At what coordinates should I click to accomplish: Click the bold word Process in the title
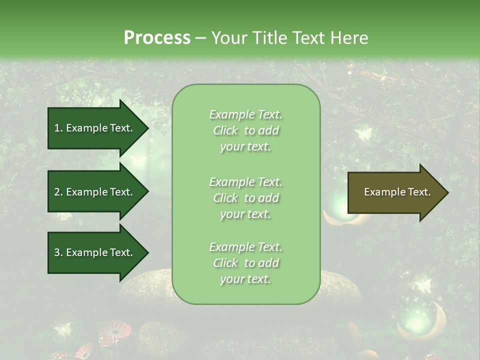coord(157,38)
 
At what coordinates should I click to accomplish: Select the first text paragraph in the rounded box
coord(245,130)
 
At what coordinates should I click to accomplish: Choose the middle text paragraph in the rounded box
coord(245,198)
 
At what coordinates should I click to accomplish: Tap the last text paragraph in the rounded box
coord(245,263)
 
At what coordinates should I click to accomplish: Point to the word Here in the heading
coord(349,38)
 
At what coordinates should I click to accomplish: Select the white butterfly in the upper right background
coord(363,134)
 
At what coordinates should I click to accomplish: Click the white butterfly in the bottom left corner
coord(62,329)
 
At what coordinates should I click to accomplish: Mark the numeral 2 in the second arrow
coord(57,192)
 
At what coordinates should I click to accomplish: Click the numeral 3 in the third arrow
coord(57,252)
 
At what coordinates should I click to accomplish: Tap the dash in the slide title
coord(201,38)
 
